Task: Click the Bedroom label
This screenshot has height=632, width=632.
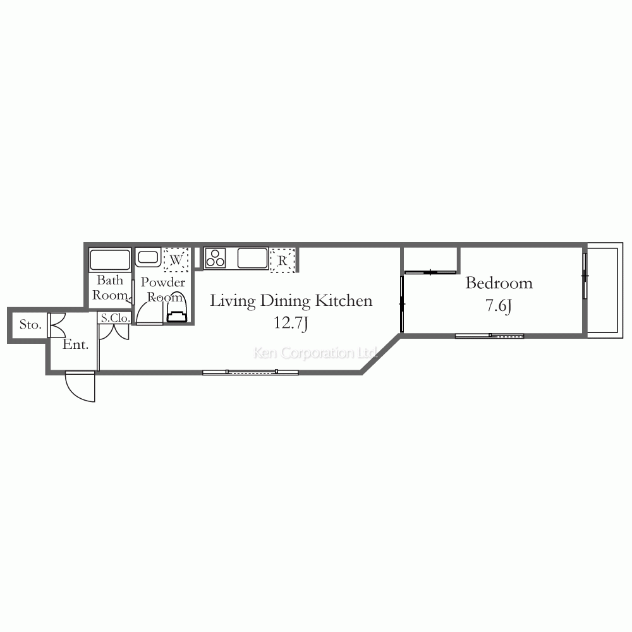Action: tap(499, 283)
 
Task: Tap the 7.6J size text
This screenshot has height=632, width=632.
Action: tap(499, 305)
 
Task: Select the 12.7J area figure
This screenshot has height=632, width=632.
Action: tap(291, 323)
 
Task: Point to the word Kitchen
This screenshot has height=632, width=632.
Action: tap(344, 301)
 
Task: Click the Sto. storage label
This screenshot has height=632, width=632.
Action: tap(30, 324)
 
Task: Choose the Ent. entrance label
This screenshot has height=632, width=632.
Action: tap(76, 344)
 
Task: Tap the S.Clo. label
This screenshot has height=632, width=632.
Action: tap(115, 318)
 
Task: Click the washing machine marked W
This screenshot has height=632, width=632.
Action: tap(176, 260)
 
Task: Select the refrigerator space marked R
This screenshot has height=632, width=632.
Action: tap(283, 260)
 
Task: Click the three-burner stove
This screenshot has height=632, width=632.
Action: tap(215, 258)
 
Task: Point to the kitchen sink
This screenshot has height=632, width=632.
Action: tap(253, 258)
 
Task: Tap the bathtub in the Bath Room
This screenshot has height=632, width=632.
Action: tap(110, 260)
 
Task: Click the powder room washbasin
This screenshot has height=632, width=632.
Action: tap(148, 258)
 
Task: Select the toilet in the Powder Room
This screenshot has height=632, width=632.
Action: tap(178, 309)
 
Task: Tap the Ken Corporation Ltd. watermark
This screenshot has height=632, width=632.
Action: tap(315, 353)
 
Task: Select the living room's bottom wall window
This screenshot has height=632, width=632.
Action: tap(250, 372)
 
